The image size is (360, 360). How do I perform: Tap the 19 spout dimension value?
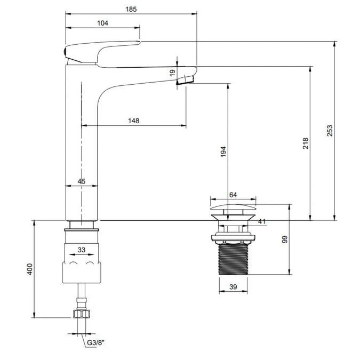point(172,73)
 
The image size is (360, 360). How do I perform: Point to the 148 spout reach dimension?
point(133,121)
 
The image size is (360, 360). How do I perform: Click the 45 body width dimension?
point(81,181)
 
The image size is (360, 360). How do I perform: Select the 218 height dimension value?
point(305,143)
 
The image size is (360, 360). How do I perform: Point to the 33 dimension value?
point(82,249)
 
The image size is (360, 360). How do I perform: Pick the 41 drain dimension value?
point(261,221)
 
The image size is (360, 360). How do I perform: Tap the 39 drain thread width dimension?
point(234,287)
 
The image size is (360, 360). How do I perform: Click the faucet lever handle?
point(101,52)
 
